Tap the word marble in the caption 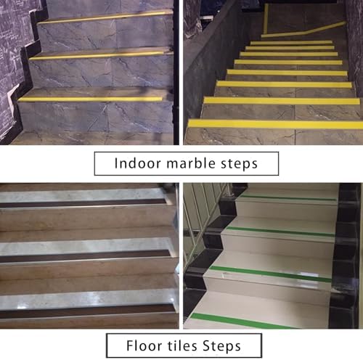[x=184, y=164]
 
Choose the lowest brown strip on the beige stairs [x=80, y=313]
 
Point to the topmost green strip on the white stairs [x=290, y=197]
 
